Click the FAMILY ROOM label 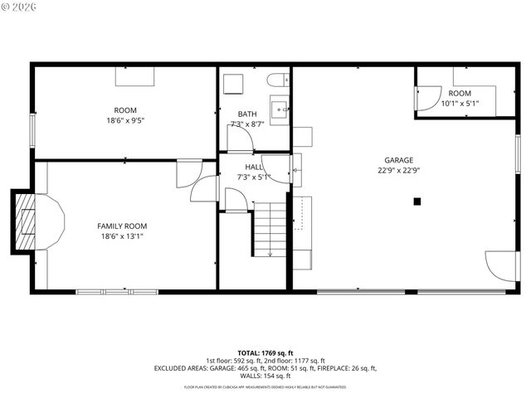(x=122, y=226)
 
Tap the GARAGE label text (x=398, y=160)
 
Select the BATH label (x=247, y=114)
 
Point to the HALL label (x=253, y=167)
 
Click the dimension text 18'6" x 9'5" (x=125, y=120)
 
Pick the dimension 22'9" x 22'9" (x=398, y=171)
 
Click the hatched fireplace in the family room (x=27, y=222)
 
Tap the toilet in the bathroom (x=277, y=81)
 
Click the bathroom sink (x=282, y=107)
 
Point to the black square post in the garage (x=417, y=201)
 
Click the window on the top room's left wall (x=32, y=130)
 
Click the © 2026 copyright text (x=20, y=8)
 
